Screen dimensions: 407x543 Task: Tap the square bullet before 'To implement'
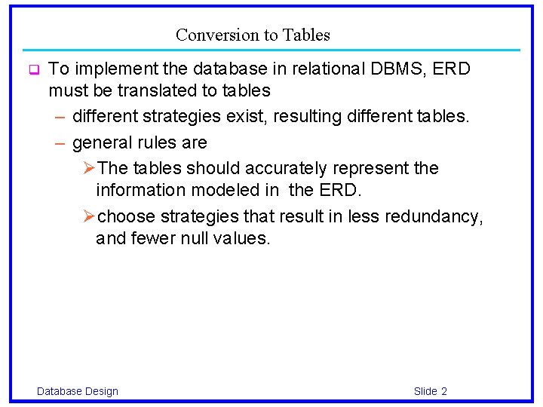point(33,71)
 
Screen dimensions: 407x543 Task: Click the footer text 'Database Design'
point(78,390)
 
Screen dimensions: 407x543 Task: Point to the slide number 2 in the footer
point(444,390)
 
